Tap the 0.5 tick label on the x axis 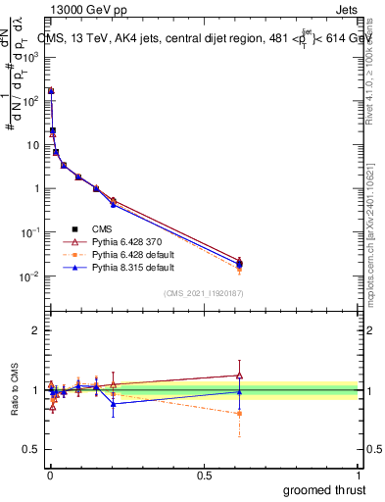[x=203, y=475]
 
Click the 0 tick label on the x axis [x=48, y=475]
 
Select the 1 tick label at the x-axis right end [x=358, y=475]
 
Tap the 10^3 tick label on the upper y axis [x=31, y=57]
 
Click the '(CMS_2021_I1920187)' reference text [x=203, y=292]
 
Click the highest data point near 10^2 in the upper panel [x=51, y=91]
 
